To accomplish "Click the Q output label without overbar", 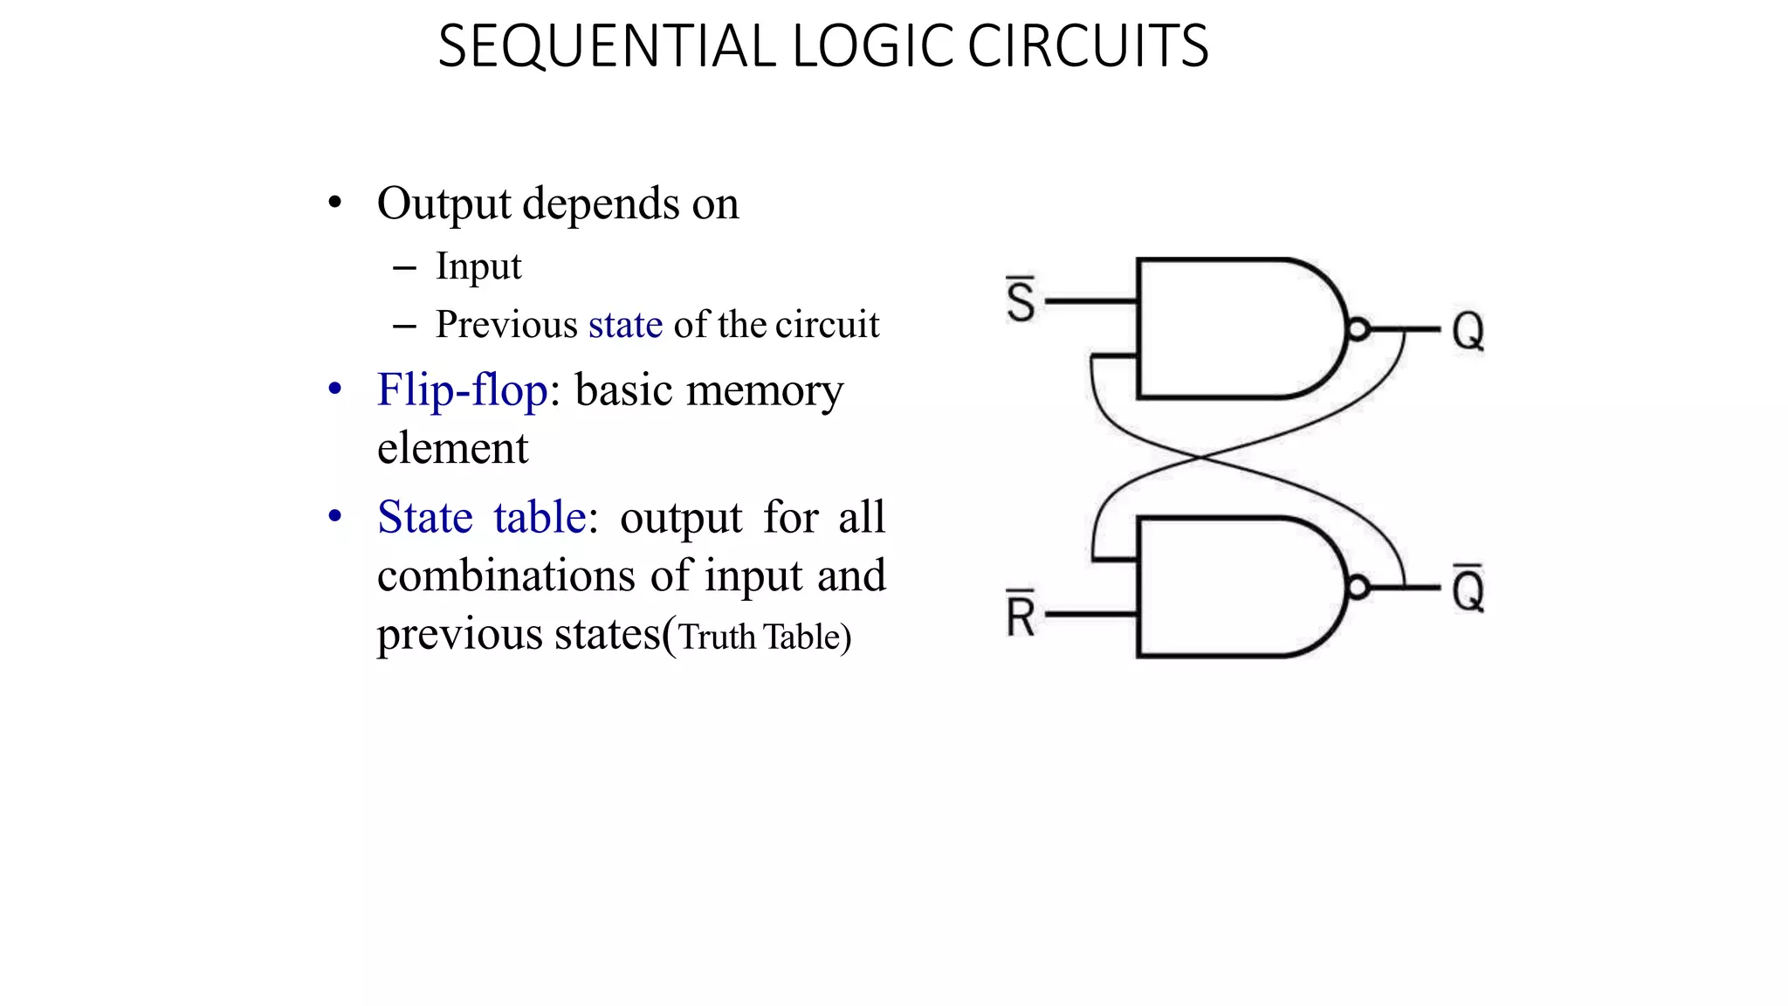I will (x=1468, y=332).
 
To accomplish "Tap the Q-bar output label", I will (x=1468, y=589).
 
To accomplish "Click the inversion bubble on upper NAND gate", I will (x=1358, y=329).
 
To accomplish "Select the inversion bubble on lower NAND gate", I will (x=1358, y=587).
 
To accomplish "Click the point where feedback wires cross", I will (x=1201, y=457).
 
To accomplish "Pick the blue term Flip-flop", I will (x=462, y=389).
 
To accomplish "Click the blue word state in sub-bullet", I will (x=625, y=325).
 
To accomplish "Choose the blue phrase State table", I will (x=481, y=517).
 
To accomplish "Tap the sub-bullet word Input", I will (x=478, y=266).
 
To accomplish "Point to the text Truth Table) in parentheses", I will (x=765, y=637).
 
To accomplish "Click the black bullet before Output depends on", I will (x=334, y=203).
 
